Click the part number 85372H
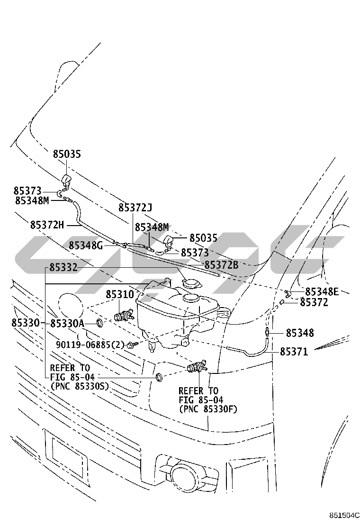[46, 225]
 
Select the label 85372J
[135, 208]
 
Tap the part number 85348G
[85, 245]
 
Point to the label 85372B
[221, 265]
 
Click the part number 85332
[63, 269]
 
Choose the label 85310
[119, 294]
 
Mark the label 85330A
[67, 323]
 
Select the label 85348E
[322, 291]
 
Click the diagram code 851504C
[345, 516]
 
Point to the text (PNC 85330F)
[208, 409]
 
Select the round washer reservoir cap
[190, 284]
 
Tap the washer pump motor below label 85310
[125, 315]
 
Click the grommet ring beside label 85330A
[100, 323]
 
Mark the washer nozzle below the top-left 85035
[65, 180]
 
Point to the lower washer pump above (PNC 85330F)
[197, 367]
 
